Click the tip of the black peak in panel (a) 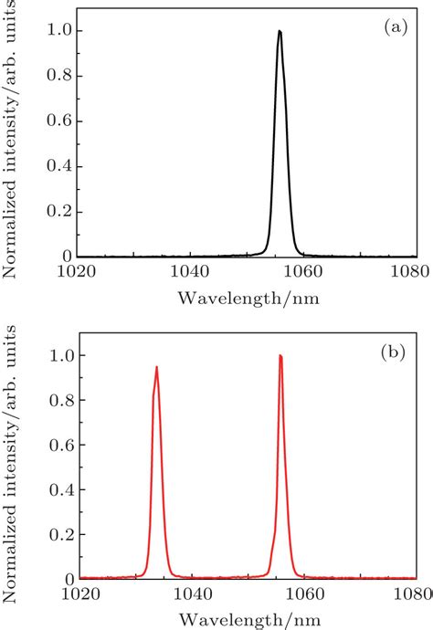pyautogui.click(x=280, y=31)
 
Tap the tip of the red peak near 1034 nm pyautogui.click(x=157, y=368)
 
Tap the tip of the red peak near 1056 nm pyautogui.click(x=280, y=356)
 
